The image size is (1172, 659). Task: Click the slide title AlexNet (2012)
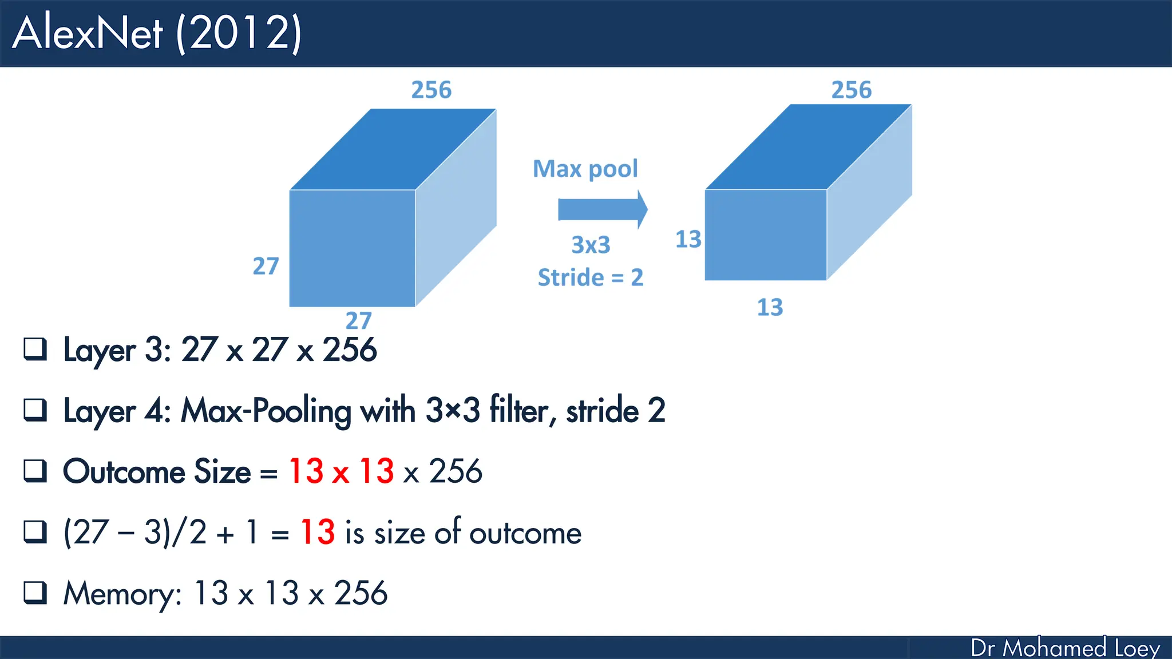[157, 33]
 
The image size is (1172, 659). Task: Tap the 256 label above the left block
[431, 90]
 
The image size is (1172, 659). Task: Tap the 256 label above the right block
[852, 90]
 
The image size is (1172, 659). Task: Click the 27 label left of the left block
[266, 267]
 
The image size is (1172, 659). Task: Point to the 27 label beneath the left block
[359, 320]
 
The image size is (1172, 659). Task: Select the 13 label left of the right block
[688, 239]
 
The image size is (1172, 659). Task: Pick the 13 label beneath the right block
[770, 308]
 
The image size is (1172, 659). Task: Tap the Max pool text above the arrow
[585, 169]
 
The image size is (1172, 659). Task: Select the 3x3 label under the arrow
[591, 245]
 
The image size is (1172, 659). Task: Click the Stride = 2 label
[591, 277]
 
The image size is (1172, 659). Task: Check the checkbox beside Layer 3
[35, 349]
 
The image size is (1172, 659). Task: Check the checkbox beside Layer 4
[35, 410]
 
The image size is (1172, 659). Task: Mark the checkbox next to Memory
[35, 593]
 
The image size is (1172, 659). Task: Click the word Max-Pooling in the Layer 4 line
[266, 411]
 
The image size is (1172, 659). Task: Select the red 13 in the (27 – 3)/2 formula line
[318, 532]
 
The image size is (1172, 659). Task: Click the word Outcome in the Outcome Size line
[125, 471]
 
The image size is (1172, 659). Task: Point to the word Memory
[122, 594]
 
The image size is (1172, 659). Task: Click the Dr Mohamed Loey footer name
[1065, 648]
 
